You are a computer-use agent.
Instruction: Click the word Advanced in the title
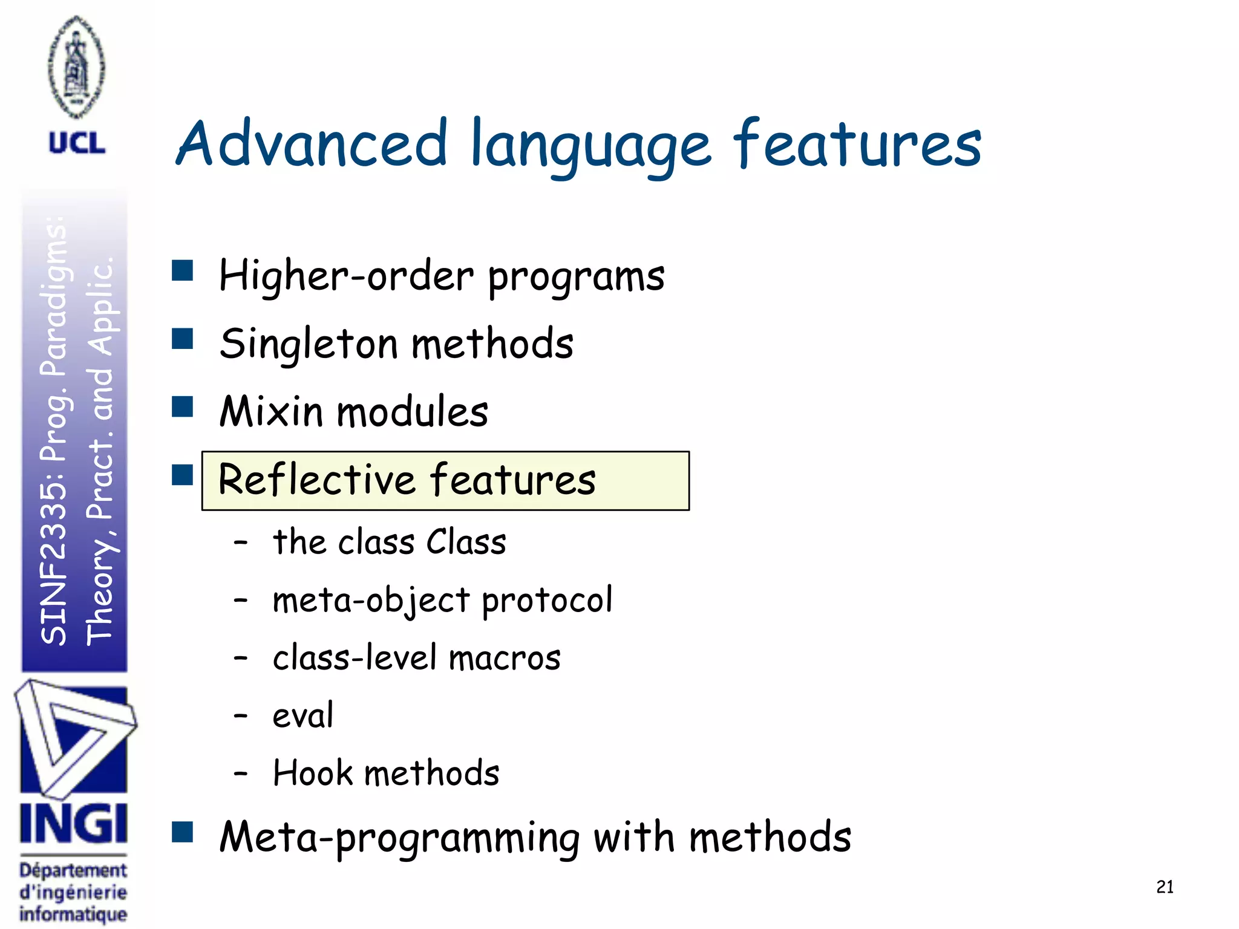312,143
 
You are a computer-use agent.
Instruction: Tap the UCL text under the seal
77,143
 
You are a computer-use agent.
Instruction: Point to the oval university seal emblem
76,67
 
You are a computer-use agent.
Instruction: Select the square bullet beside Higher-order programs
182,270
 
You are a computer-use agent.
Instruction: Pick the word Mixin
271,411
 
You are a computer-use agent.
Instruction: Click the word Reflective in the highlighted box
317,480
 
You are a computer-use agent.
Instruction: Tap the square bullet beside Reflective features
182,475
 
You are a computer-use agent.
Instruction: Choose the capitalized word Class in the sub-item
466,541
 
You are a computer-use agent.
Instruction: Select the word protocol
547,600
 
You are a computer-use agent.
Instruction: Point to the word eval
302,715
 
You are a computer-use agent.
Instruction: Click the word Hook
313,773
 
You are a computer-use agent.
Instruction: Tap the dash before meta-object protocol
241,600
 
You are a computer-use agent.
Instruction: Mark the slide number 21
1165,887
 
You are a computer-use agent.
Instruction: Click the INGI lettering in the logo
74,823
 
